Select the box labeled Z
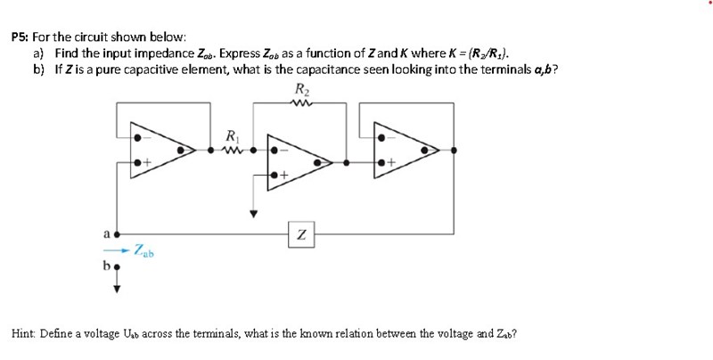[x=302, y=233]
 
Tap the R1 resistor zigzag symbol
[x=234, y=151]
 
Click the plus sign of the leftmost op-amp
[x=149, y=164]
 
